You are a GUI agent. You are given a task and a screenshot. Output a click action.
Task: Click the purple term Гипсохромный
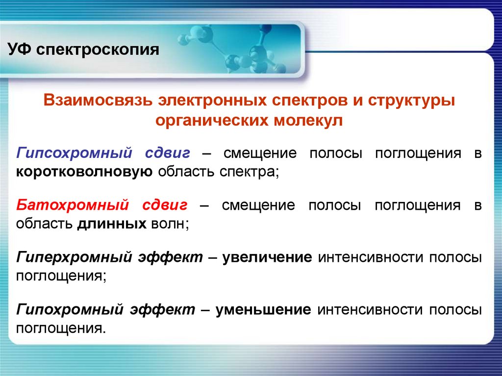[x=74, y=153]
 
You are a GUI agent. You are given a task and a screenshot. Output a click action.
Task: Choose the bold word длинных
[x=111, y=224]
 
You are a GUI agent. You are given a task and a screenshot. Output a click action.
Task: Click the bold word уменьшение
[x=266, y=309]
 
